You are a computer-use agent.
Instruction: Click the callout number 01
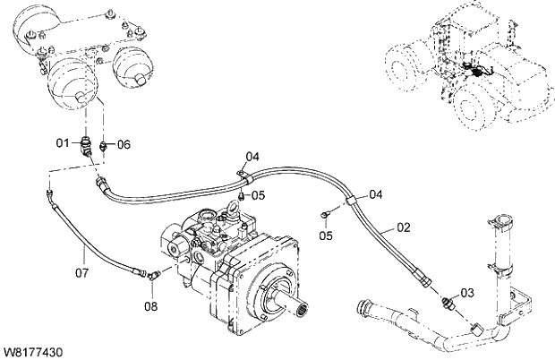(63, 143)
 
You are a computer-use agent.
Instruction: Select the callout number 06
(124, 144)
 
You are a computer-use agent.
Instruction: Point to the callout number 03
(467, 293)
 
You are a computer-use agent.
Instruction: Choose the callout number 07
(81, 270)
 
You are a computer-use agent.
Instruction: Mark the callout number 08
(150, 306)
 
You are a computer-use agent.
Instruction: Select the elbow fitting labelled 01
(86, 145)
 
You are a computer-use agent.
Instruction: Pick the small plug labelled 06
(104, 145)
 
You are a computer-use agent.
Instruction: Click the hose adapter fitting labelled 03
(450, 302)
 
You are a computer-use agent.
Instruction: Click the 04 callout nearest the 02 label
(376, 194)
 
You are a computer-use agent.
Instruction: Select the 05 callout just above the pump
(258, 195)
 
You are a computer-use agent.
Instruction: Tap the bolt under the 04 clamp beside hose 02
(328, 213)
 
